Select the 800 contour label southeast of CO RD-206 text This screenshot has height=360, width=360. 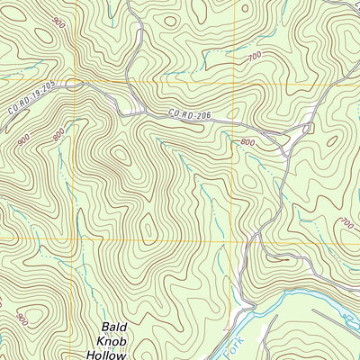(248, 141)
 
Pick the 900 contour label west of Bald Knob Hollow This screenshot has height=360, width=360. (20, 317)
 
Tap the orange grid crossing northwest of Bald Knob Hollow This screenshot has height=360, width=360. (76, 240)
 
